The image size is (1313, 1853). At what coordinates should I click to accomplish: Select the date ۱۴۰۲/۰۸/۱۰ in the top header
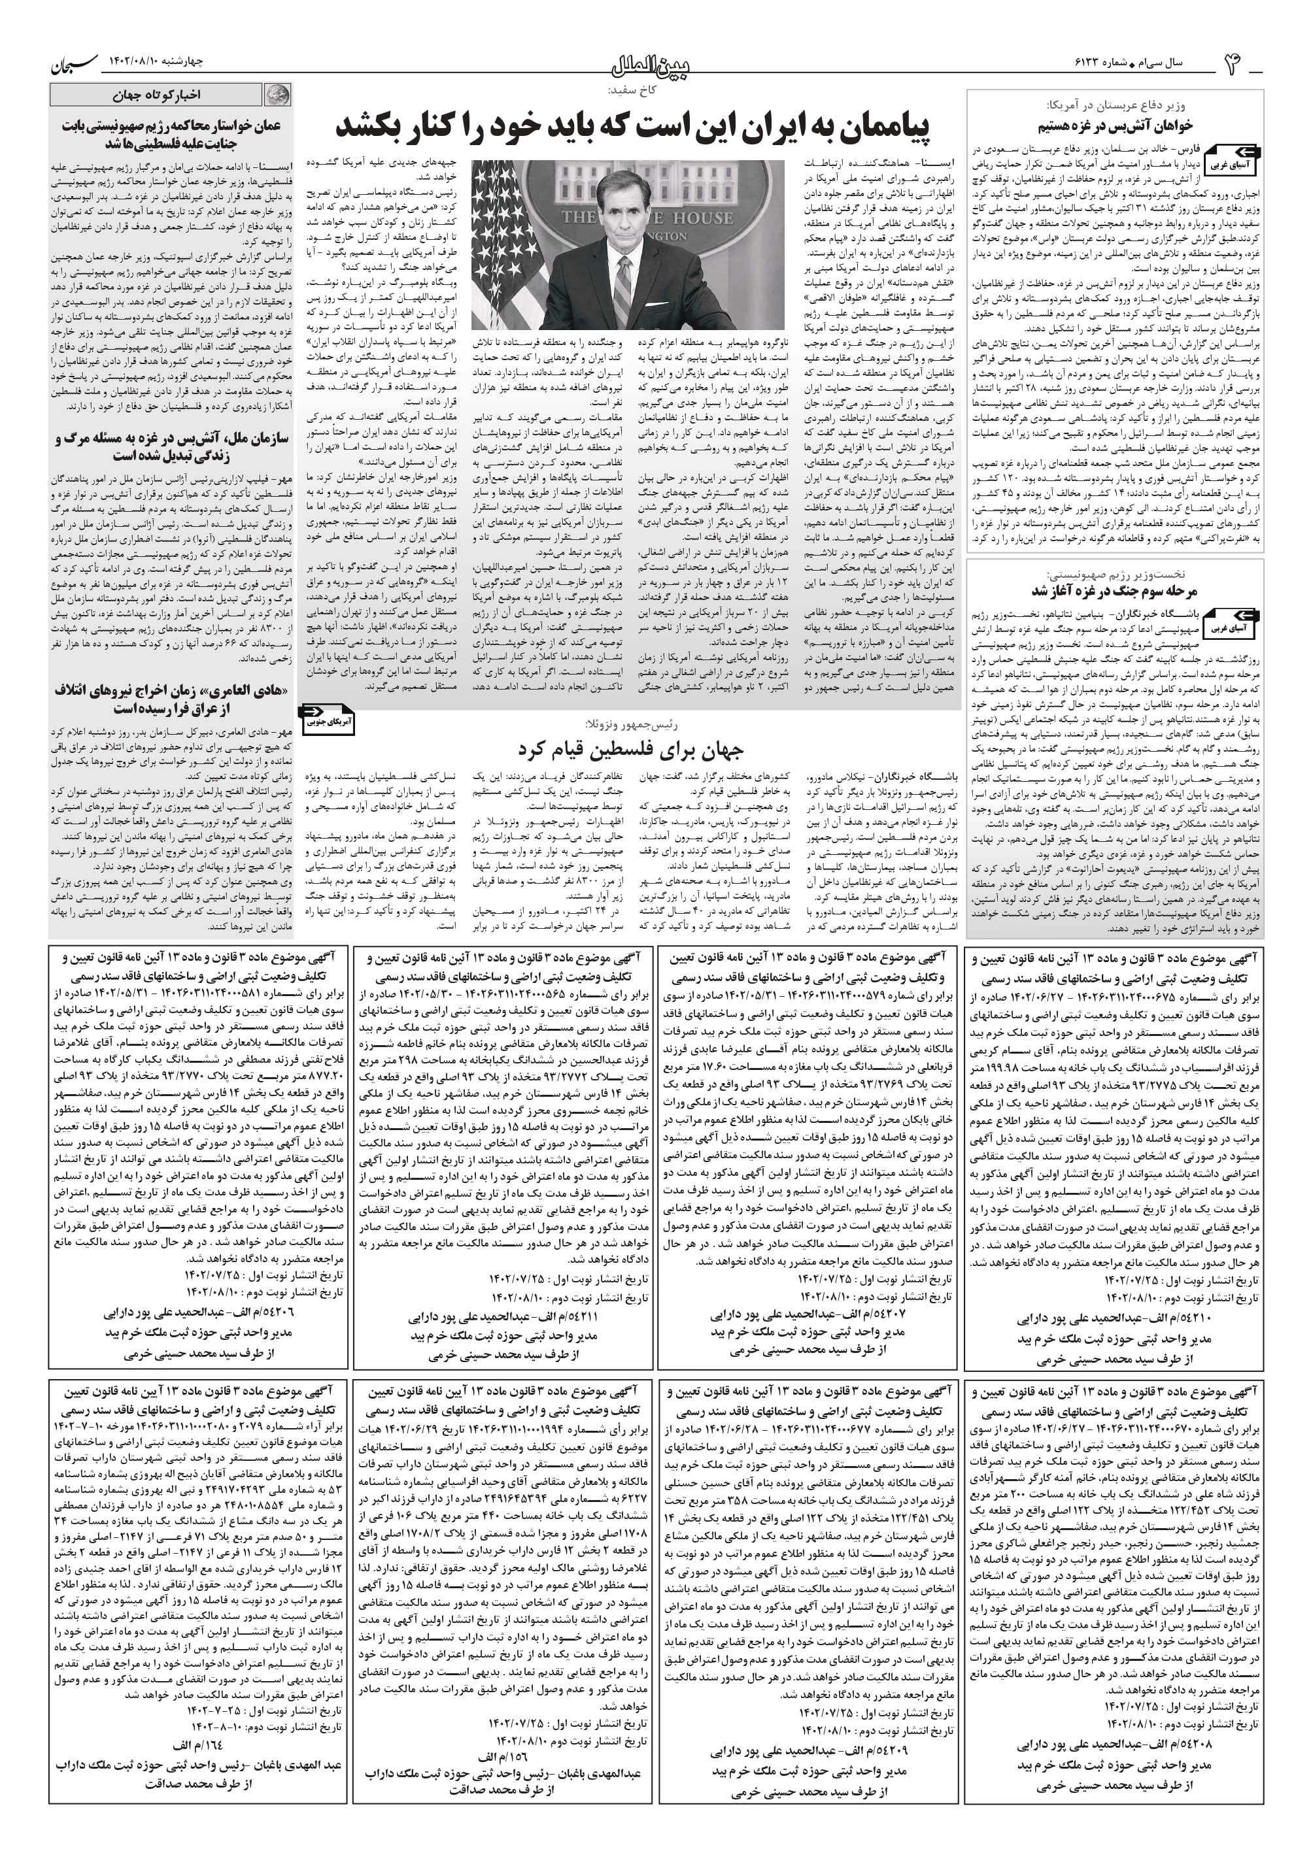point(138,62)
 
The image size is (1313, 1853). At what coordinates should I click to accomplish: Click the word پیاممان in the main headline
point(882,126)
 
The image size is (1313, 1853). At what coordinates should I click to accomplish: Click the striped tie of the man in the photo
point(626,283)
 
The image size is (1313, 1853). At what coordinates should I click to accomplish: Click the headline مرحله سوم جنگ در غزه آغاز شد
point(1114,591)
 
